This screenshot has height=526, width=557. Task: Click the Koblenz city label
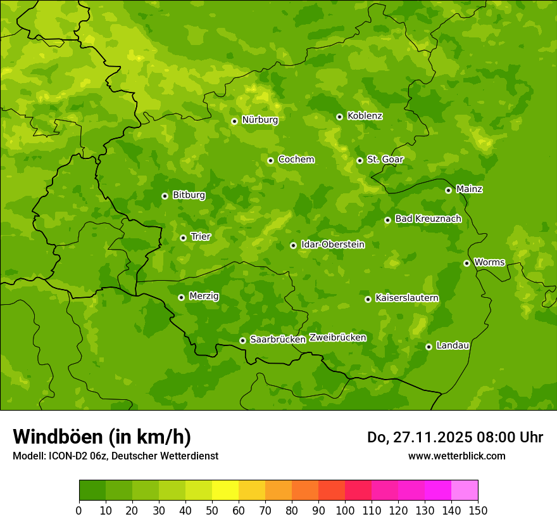coord(365,116)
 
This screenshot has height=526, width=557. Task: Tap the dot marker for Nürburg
coord(234,121)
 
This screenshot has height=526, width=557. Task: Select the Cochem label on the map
coord(296,160)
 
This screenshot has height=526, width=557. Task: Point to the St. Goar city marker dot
coord(360,160)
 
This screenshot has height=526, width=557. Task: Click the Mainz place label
coord(469,189)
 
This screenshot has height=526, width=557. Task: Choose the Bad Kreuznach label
coord(428,219)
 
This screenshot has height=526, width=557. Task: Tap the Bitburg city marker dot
coord(165,196)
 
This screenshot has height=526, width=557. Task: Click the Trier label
coord(201,237)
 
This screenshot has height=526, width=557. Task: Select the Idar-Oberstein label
coord(333,245)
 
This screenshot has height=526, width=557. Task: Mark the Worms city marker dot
coord(466,263)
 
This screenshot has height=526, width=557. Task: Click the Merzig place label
coord(204,297)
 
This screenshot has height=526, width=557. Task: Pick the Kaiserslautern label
coord(407,298)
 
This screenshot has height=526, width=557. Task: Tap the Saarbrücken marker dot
coord(242,340)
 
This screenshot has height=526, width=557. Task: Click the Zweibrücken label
coord(337,338)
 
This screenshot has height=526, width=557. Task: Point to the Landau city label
coord(453,346)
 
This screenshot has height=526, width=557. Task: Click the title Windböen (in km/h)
coord(102,437)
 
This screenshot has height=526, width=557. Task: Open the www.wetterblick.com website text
coord(456,456)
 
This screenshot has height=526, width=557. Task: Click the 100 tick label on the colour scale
coord(345,510)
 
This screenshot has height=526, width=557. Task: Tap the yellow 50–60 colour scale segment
coord(225,491)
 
